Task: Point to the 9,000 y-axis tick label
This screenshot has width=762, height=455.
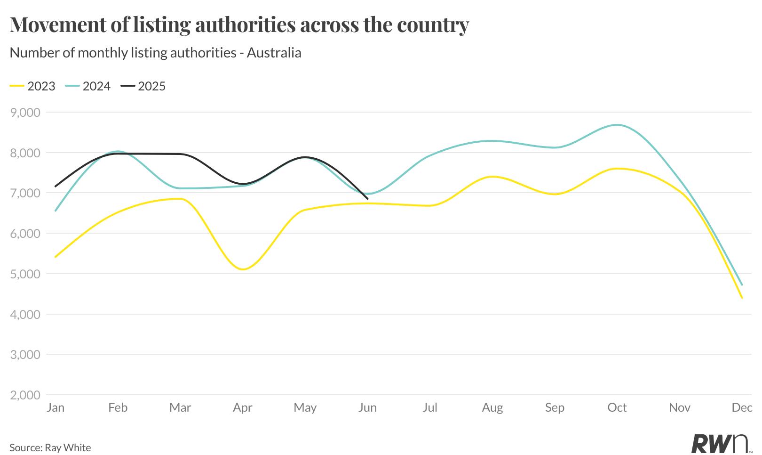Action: click(x=25, y=113)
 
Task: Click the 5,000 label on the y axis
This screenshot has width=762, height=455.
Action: click(x=25, y=274)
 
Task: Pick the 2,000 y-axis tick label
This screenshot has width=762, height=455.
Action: click(x=25, y=395)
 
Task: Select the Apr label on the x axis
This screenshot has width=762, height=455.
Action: click(x=242, y=407)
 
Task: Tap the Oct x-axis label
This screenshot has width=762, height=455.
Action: click(x=617, y=407)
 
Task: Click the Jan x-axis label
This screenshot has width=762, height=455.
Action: click(x=56, y=407)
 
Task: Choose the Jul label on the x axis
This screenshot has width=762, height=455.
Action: click(x=429, y=407)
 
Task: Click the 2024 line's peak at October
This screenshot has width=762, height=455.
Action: click(x=617, y=125)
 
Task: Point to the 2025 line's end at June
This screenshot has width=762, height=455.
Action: click(x=367, y=199)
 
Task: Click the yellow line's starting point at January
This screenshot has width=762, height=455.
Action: click(x=56, y=257)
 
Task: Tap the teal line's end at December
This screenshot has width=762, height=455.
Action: click(x=742, y=285)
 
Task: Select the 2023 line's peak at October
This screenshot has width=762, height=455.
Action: click(x=617, y=169)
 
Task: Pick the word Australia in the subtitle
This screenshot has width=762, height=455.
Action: click(x=274, y=52)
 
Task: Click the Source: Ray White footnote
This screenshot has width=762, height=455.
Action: click(x=50, y=447)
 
